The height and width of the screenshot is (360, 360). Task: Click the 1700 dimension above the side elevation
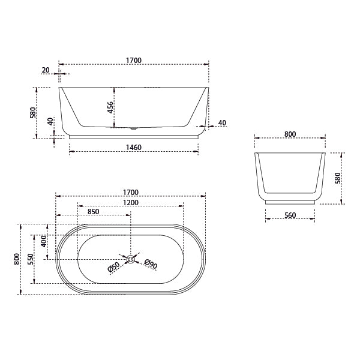click(133, 60)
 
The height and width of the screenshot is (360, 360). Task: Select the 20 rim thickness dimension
click(46, 70)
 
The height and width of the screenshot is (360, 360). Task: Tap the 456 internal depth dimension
click(110, 107)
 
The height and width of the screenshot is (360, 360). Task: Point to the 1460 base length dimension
click(133, 147)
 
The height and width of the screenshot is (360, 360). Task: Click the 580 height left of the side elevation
click(34, 113)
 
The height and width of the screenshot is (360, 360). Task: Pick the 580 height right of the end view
click(337, 178)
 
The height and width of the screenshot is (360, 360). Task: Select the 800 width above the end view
click(290, 134)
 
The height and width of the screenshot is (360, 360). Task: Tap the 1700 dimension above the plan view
click(131, 192)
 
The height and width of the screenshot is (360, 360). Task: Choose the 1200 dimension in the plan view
click(131, 202)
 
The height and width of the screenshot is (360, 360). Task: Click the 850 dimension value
click(94, 212)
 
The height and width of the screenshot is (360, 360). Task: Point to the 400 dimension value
click(43, 241)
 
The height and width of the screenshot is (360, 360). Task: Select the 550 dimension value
click(30, 259)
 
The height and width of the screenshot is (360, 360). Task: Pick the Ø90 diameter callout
click(151, 264)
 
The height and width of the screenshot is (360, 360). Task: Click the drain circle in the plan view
click(131, 259)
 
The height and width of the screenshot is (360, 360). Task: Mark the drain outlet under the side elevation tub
click(133, 128)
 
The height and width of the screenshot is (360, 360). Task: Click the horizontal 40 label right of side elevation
click(222, 123)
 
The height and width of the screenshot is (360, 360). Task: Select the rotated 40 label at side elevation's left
click(51, 121)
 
